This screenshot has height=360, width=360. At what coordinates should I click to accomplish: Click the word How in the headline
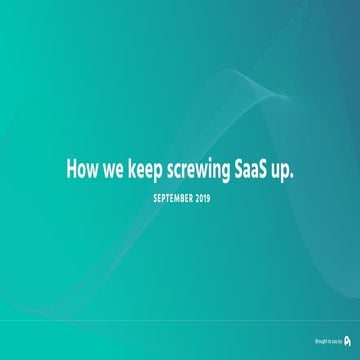tap(81, 171)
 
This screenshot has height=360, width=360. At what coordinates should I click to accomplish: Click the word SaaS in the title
tap(254, 171)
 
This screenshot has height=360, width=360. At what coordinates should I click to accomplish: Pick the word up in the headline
tap(287, 173)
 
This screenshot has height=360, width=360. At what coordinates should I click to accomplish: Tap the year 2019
tap(203, 198)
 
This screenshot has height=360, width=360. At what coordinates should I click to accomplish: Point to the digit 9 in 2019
tap(208, 198)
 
